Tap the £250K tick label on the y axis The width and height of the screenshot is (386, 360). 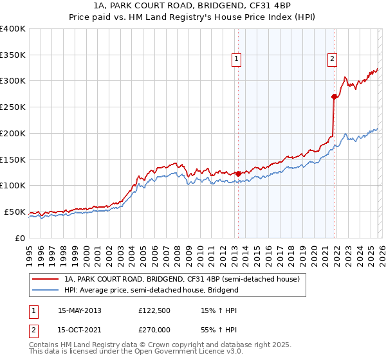coord(13,107)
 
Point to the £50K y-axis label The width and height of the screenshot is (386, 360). coord(15,212)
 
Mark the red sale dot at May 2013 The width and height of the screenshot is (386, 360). coord(238,174)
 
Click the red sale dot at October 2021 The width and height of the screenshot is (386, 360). coord(334,97)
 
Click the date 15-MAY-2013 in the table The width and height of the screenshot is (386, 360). coord(80,310)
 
